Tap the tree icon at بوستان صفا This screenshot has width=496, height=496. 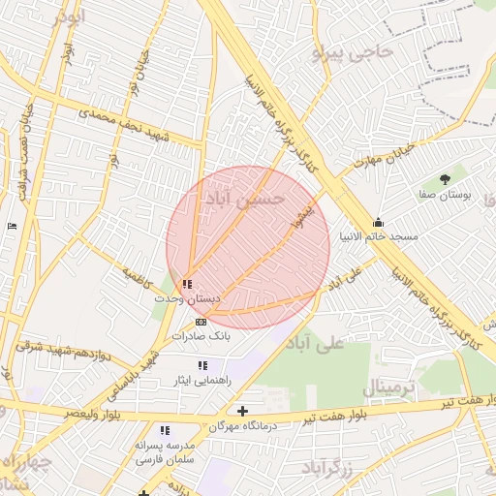[445, 179]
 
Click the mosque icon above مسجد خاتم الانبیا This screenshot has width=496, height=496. [378, 222]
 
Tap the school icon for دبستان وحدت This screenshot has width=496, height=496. [187, 285]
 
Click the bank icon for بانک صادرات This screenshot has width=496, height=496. [201, 322]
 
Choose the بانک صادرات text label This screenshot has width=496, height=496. [201, 336]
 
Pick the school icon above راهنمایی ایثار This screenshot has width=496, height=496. [202, 365]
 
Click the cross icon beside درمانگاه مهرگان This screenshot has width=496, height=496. [242, 412]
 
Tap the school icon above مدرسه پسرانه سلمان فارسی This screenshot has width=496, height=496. [165, 430]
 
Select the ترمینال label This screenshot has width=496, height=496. [388, 387]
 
